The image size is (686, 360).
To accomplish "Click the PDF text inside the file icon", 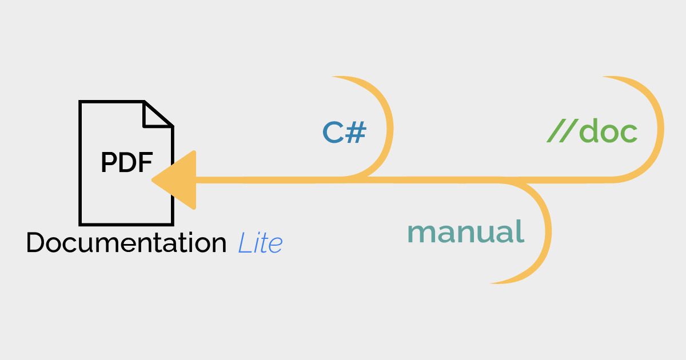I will tap(127, 163).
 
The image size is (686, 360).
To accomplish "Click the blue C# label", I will tap(344, 133).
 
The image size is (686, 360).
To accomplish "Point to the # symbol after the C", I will tap(356, 133).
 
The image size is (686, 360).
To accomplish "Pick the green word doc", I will tap(608, 133).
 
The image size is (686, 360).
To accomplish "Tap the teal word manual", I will tap(465, 232).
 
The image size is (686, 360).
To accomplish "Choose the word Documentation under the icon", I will tap(126, 243).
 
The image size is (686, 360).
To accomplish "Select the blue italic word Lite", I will tap(260, 243).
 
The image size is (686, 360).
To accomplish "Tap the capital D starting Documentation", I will tap(35, 243).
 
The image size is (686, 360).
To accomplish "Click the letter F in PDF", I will tap(146, 163).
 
